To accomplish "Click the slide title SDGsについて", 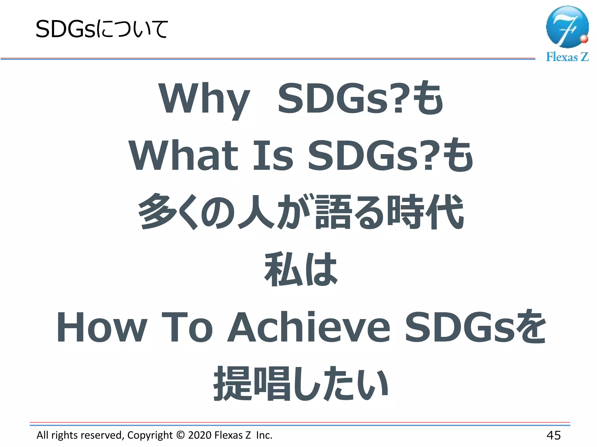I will [x=101, y=29].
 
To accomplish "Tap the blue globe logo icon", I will [x=567, y=27].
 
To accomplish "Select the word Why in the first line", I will [x=204, y=99].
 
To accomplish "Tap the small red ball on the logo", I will [x=584, y=39].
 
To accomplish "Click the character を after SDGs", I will [x=531, y=327].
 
